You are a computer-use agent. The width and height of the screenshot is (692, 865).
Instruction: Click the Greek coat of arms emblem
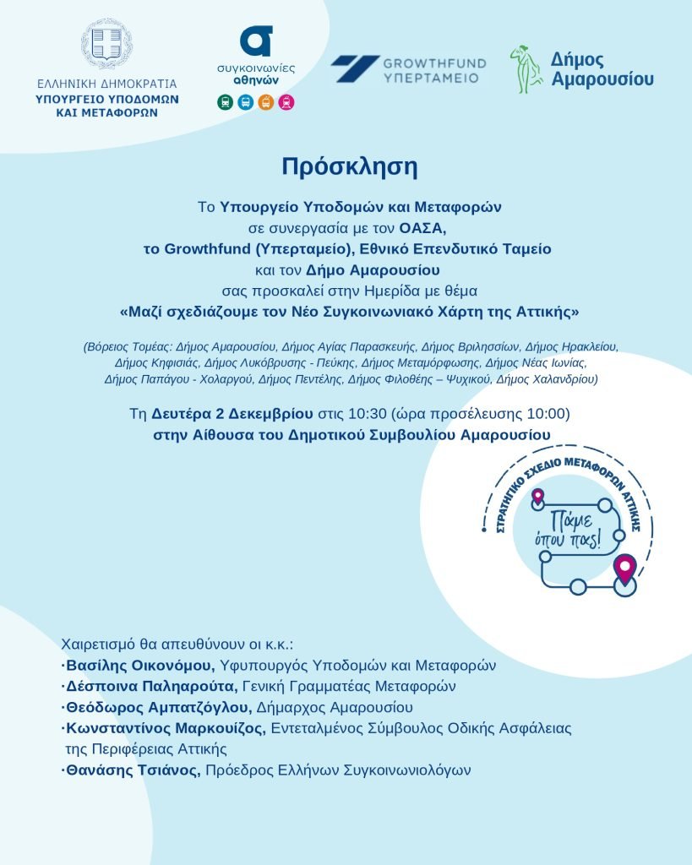(106, 44)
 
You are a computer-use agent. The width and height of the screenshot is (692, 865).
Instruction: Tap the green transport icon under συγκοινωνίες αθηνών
(225, 102)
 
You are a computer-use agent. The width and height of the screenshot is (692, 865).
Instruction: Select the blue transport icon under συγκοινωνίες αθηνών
(245, 102)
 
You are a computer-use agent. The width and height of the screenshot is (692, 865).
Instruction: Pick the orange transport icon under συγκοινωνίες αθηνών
(265, 102)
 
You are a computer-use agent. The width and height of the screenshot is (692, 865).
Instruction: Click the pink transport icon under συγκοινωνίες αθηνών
(286, 102)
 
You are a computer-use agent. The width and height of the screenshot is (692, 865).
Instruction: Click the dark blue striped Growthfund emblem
(354, 69)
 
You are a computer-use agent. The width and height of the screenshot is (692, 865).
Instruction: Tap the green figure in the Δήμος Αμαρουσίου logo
(525, 69)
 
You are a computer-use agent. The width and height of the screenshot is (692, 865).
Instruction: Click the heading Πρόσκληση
(349, 166)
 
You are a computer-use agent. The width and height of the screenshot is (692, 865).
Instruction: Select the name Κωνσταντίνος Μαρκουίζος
(166, 728)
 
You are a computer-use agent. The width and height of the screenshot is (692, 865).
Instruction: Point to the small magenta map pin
(537, 496)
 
